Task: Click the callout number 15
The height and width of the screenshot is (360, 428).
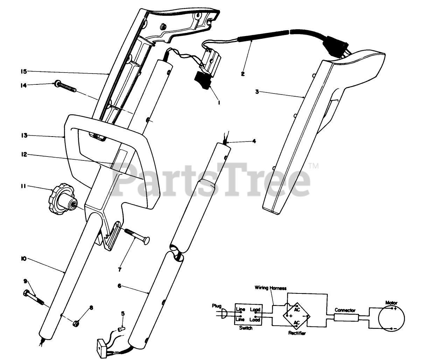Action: tap(23, 71)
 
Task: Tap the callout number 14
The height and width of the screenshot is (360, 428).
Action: tap(23, 85)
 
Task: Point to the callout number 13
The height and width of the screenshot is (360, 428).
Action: tap(24, 136)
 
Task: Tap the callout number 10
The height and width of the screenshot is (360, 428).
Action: tap(23, 259)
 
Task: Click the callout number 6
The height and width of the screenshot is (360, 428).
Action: tap(119, 286)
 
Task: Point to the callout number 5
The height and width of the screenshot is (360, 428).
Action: tap(122, 313)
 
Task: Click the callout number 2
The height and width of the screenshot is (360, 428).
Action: tap(243, 74)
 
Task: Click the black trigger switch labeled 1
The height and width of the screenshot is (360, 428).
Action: tap(203, 79)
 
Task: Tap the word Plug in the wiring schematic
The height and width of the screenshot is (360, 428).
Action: tap(217, 306)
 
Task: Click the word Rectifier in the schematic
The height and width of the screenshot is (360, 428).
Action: tap(297, 333)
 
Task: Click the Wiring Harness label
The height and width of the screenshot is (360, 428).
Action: tap(270, 288)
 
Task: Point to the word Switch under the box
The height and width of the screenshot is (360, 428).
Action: tap(245, 328)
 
